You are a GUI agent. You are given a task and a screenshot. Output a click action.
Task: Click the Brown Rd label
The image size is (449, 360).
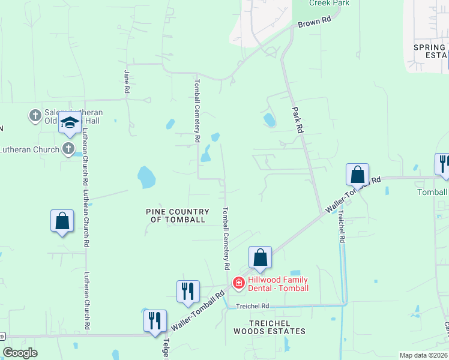[x=315, y=22]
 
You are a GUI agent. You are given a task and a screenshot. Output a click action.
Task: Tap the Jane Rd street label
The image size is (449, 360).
[x=127, y=82]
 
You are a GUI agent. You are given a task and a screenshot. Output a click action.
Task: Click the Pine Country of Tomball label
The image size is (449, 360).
[x=178, y=215]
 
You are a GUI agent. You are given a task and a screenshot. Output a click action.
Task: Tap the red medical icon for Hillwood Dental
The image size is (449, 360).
[x=238, y=282]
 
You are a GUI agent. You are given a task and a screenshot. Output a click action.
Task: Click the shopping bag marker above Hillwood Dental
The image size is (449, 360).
[x=260, y=257]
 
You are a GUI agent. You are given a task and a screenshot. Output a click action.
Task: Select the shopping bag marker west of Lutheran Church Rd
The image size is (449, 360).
[x=62, y=221]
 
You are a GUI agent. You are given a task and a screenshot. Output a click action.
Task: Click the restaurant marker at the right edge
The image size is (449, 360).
[x=443, y=164]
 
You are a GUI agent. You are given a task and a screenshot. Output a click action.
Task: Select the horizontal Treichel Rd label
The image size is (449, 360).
[x=252, y=306]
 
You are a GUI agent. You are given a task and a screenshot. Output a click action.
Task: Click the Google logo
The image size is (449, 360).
[x=20, y=353]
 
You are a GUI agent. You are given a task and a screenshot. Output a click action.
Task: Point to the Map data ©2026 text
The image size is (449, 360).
[x=423, y=355]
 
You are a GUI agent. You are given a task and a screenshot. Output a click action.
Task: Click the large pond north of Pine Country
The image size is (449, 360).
[x=146, y=178]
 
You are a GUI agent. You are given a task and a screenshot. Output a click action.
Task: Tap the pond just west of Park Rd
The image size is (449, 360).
[x=270, y=120]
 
